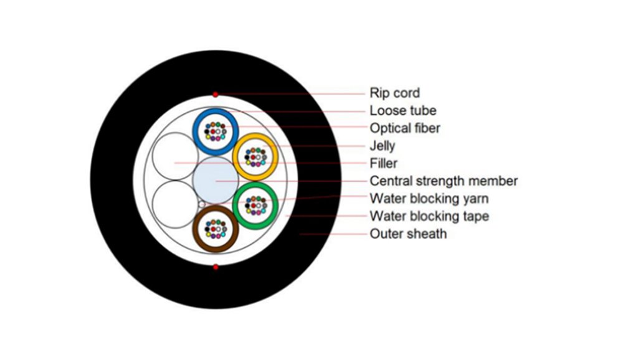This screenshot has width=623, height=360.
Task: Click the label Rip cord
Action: (x=394, y=93)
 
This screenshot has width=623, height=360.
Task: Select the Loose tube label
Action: (x=402, y=111)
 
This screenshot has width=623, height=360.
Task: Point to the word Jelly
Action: (x=382, y=146)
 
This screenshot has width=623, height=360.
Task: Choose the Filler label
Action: (x=383, y=163)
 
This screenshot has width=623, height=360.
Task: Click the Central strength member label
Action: (x=444, y=181)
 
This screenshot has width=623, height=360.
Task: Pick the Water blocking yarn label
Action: (x=429, y=199)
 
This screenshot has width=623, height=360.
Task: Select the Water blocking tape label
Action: (x=429, y=216)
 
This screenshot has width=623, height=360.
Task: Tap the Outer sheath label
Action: (x=408, y=234)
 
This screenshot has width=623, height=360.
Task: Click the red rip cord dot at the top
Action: (x=216, y=95)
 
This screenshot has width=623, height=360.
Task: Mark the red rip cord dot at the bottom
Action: (x=216, y=267)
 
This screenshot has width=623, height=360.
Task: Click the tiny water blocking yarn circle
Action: (x=201, y=204)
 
